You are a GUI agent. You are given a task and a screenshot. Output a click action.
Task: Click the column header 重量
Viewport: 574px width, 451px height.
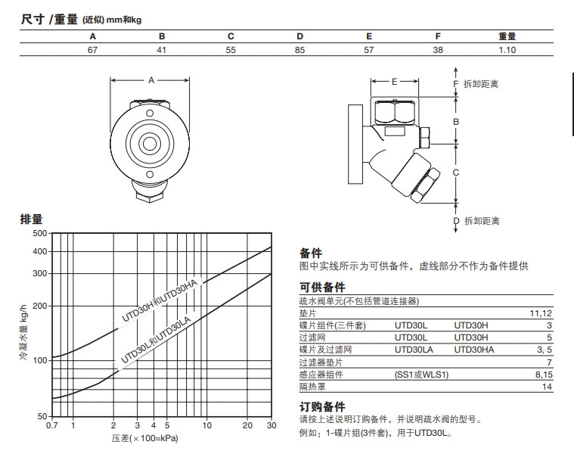coord(507,36)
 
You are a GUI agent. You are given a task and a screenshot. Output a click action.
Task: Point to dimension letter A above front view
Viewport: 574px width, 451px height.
coord(150,79)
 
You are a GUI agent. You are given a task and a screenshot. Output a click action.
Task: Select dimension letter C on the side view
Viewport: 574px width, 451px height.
coord(455,173)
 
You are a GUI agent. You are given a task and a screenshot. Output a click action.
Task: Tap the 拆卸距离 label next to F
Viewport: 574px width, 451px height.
coord(481,84)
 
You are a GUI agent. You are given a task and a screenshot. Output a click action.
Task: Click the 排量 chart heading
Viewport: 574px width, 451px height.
coord(31,219)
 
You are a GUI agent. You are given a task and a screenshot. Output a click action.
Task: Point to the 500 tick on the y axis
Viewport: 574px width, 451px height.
coord(39,232)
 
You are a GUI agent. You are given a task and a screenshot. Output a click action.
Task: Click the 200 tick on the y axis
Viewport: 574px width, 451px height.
coord(39,306)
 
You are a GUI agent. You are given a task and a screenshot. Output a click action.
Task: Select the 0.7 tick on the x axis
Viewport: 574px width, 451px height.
coord(51,426)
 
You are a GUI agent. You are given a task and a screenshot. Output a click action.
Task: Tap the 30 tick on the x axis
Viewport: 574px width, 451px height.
coord(271,426)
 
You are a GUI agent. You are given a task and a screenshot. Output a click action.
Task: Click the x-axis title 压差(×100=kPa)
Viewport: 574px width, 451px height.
coord(144,438)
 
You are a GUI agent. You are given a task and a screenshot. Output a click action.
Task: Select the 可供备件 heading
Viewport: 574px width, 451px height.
coord(323,288)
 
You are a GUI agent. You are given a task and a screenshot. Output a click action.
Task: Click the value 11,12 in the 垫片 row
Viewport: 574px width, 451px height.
coord(542,313)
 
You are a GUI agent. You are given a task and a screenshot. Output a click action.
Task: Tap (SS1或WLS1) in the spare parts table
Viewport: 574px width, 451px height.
coord(421,374)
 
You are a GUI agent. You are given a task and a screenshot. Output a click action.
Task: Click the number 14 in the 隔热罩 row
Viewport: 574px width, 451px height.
coord(548,386)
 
